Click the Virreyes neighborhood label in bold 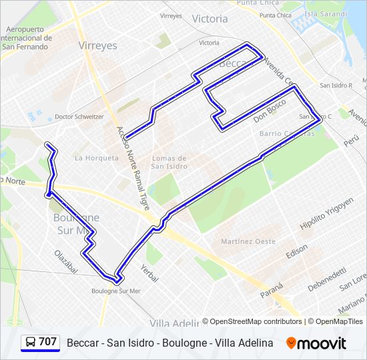97,46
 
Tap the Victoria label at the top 210,19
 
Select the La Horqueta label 97,158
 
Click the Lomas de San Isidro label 169,162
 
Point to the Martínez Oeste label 248,241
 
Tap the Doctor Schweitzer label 79,117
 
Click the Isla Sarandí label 325,13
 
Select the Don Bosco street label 270,111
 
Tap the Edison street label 297,252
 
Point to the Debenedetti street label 327,279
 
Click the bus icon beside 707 31,343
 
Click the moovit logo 316,343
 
